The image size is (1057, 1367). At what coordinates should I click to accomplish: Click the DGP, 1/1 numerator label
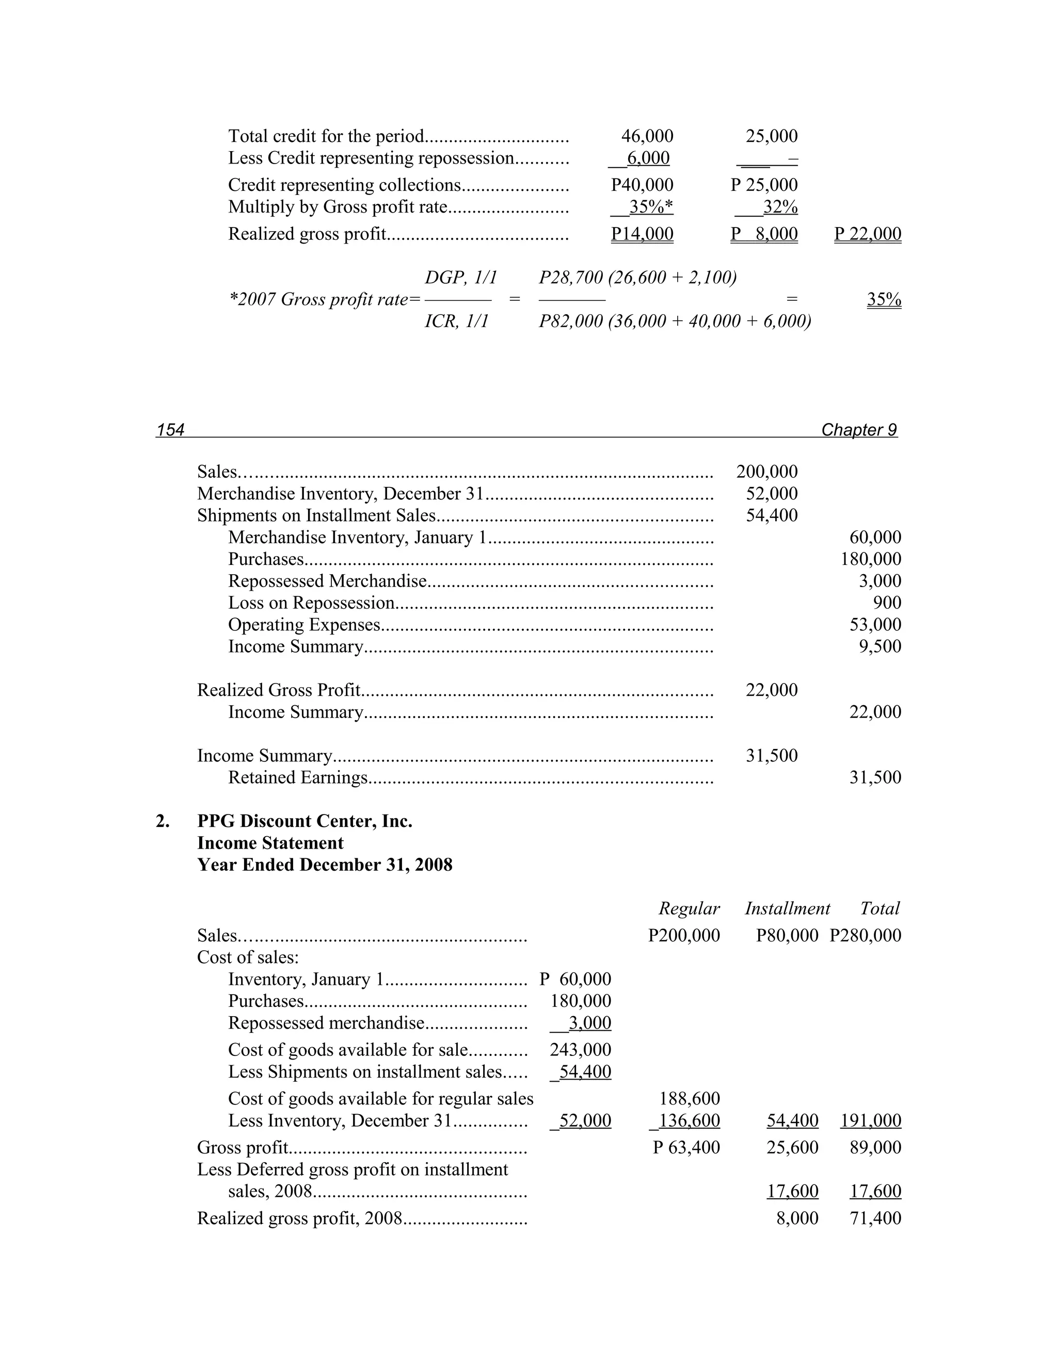[460, 278]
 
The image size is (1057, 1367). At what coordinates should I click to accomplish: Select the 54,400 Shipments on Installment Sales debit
[772, 515]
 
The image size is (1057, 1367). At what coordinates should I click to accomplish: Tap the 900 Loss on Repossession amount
[887, 603]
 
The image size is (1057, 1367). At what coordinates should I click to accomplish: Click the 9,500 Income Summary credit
[880, 646]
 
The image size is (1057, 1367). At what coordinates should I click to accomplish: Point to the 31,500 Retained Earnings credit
[875, 777]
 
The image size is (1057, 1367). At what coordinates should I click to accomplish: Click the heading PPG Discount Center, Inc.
[305, 821]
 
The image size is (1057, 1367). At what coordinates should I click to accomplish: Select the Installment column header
[787, 908]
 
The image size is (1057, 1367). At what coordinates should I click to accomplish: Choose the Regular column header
[689, 908]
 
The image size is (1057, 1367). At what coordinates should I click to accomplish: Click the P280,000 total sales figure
[866, 936]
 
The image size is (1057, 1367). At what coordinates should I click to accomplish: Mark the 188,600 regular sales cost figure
[690, 1098]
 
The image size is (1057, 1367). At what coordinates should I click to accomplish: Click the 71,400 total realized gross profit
[875, 1218]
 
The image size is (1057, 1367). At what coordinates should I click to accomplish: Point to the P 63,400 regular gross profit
[686, 1147]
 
